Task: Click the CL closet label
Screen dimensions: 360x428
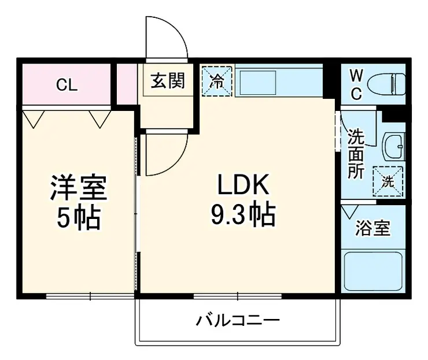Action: click(x=67, y=86)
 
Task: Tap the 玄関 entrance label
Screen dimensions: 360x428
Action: click(x=168, y=81)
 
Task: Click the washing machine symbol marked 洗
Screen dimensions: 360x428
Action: click(x=388, y=180)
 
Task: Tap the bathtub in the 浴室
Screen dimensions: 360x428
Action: click(x=372, y=272)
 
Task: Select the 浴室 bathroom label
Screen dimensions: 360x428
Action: click(x=372, y=228)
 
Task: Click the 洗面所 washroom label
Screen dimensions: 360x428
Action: click(x=356, y=154)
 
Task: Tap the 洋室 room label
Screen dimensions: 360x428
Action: click(x=78, y=188)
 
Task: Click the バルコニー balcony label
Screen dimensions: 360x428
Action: click(x=237, y=320)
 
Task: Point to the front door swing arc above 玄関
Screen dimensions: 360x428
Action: click(x=167, y=38)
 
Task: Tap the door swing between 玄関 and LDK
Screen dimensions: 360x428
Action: click(x=165, y=154)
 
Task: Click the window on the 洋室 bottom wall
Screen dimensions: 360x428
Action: click(x=90, y=296)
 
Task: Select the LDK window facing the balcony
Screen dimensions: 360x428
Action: click(x=237, y=296)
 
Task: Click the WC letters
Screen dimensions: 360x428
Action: click(x=356, y=84)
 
